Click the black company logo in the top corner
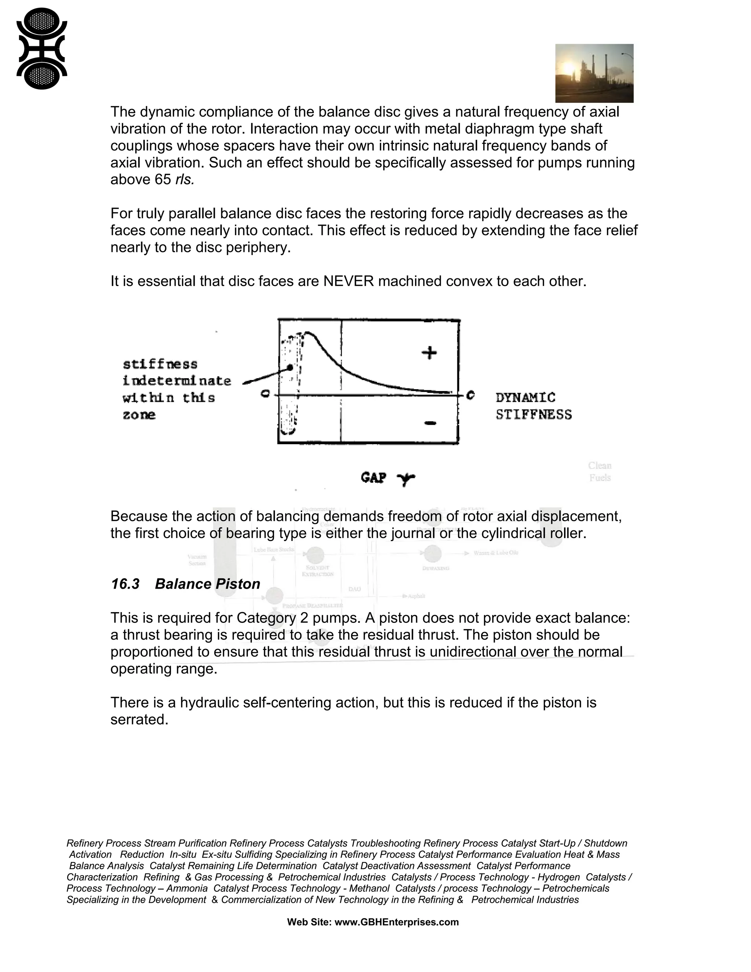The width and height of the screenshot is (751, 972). [41, 48]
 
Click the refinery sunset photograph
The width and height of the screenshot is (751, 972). [594, 73]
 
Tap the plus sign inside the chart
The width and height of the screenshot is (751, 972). [429, 353]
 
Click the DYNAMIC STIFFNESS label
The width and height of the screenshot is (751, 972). [533, 406]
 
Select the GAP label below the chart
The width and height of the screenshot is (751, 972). [373, 478]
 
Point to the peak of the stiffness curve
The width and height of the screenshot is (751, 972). [309, 333]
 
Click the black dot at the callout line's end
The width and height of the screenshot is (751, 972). [290, 367]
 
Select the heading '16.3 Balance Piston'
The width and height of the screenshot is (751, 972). [185, 584]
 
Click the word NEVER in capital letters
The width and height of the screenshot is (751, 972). [348, 281]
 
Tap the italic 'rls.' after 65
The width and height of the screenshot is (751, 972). [185, 179]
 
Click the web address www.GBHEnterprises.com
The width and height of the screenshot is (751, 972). [396, 922]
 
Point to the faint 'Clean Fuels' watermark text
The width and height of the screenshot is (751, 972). [599, 471]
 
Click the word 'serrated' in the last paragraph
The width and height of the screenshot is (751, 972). [139, 719]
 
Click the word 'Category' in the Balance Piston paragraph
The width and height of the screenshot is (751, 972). [266, 618]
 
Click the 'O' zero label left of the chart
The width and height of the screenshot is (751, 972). [265, 394]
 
